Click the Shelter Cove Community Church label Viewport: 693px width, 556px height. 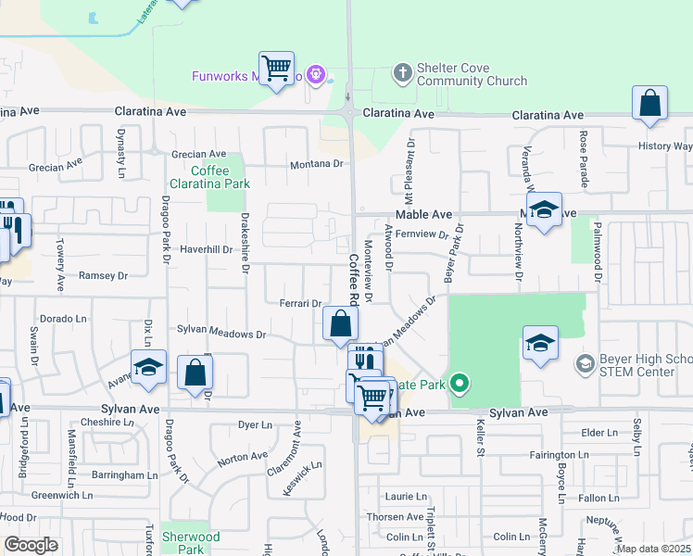pos(472,74)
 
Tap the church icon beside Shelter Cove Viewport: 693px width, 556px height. pos(402,70)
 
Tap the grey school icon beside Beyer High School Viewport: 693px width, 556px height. pos(584,362)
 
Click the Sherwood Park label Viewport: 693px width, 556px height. pos(191,543)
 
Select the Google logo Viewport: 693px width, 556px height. pos(31,545)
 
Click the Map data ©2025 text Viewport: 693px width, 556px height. pos(654,549)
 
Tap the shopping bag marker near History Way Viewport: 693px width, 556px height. pos(650,104)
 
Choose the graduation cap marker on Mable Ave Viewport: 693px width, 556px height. pos(544,210)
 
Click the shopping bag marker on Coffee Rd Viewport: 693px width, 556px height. pos(340,323)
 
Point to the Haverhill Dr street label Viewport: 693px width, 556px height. pos(205,249)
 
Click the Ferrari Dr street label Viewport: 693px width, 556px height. pos(299,303)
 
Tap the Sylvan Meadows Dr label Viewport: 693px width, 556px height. pos(221,333)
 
